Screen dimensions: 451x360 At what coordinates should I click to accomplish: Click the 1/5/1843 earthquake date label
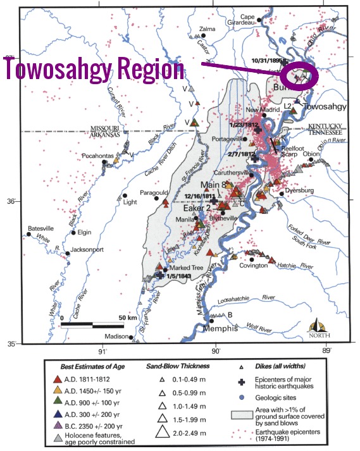point(179,276)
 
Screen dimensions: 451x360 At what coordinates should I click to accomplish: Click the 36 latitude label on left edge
point(11,201)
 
